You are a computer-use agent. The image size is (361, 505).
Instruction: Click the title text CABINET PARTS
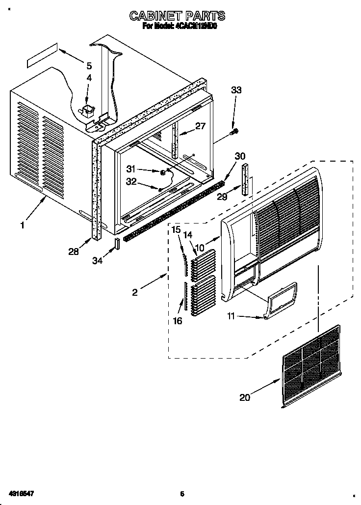point(177,16)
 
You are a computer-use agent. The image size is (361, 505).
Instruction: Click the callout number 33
point(236,90)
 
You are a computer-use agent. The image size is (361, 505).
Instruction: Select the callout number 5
point(89,65)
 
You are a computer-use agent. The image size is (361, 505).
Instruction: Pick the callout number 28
point(73,252)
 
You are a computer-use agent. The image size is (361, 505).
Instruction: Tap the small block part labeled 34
point(117,244)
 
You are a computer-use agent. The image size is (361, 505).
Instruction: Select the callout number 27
point(200,126)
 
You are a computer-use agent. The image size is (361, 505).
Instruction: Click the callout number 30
point(239,156)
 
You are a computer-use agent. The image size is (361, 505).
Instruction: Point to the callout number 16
point(177,321)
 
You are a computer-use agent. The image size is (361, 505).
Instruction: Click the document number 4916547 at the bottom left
point(20,493)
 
